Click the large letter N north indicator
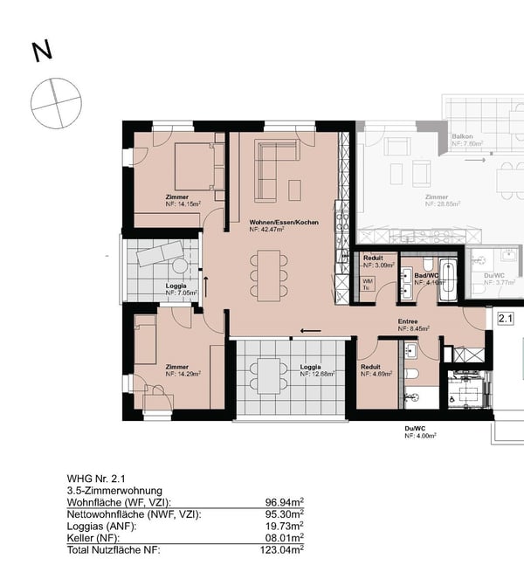pyautogui.click(x=41, y=52)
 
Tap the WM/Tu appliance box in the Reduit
pyautogui.click(x=369, y=281)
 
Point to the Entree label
pyautogui.click(x=409, y=321)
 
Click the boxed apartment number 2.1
pyautogui.click(x=505, y=320)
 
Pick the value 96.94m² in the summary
pyautogui.click(x=284, y=503)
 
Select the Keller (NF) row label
pyautogui.click(x=96, y=539)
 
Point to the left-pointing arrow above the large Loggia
pyautogui.click(x=309, y=331)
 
